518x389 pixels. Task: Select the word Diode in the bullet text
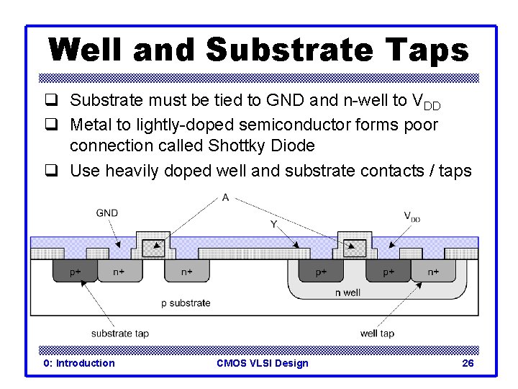[291, 146]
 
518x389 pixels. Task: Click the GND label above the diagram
[106, 213]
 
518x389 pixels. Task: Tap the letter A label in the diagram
[227, 197]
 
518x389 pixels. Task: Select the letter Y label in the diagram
[273, 224]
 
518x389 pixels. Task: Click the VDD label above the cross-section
[411, 215]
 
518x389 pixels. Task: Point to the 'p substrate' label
[186, 303]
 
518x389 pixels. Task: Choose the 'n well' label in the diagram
[348, 292]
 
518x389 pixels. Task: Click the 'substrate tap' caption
[120, 333]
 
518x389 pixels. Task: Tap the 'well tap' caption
[377, 333]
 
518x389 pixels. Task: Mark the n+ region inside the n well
[433, 272]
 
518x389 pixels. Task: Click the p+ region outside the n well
[75, 272]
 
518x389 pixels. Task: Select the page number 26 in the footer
[468, 363]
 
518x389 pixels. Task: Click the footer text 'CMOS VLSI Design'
[262, 363]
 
